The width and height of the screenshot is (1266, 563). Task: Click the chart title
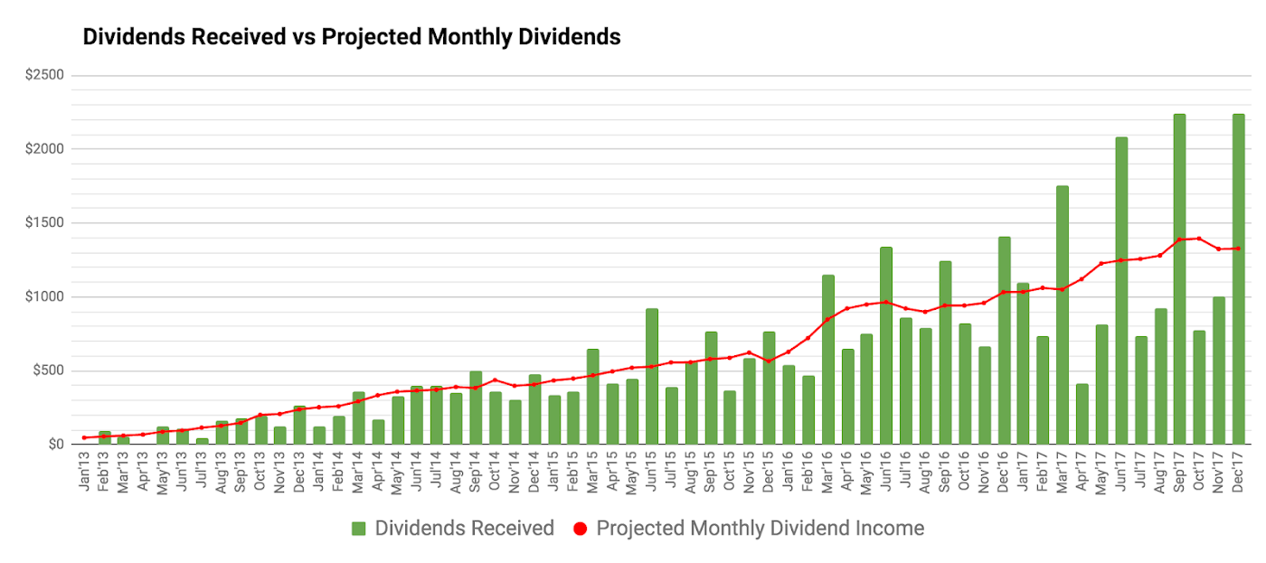tap(352, 37)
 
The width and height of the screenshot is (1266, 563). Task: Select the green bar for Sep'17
tap(1179, 279)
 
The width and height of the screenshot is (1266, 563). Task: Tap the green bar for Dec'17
tap(1238, 279)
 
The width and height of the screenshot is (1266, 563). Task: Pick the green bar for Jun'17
tap(1121, 290)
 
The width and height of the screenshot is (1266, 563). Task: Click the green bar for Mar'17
tap(1063, 315)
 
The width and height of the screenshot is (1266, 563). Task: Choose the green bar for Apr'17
tap(1082, 414)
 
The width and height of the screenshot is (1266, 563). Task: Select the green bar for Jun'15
tap(652, 376)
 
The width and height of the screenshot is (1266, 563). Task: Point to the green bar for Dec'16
tap(1004, 341)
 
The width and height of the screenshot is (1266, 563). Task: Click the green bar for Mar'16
tap(828, 360)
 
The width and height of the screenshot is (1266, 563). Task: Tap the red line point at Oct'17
tap(1199, 239)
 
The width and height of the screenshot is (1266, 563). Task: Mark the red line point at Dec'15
tap(769, 361)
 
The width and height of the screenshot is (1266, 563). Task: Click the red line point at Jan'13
tap(84, 437)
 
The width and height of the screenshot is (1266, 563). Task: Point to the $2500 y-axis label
tap(44, 74)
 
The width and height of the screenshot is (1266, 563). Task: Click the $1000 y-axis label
tap(44, 296)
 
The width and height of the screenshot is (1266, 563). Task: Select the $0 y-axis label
tap(56, 445)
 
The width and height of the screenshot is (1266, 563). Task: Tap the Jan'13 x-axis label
tap(84, 472)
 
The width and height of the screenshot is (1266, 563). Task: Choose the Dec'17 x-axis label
tap(1238, 472)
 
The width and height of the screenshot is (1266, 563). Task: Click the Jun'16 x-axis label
tap(886, 472)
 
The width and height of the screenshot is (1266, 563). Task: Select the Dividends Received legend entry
tap(453, 529)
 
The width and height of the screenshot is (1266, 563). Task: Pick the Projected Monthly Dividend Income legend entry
tap(749, 529)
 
